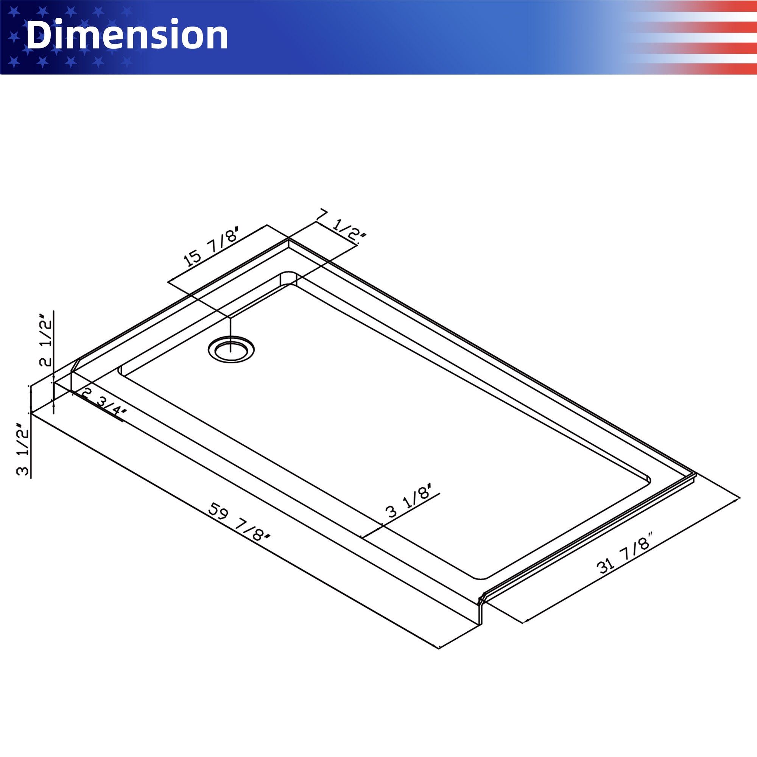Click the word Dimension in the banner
point(126,35)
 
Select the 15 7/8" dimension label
point(211,246)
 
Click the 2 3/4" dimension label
point(104,402)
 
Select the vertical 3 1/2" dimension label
point(23,449)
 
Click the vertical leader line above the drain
point(231,329)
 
